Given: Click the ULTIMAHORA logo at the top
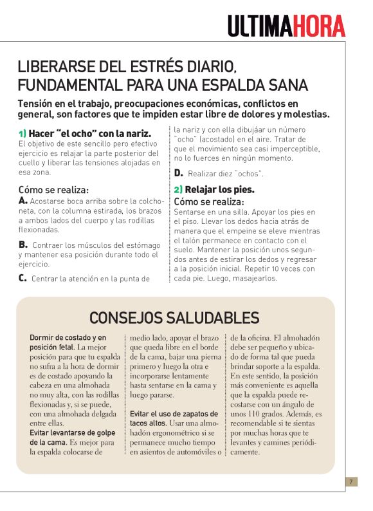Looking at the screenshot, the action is point(286,25).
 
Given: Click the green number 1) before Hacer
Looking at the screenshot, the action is point(22,133).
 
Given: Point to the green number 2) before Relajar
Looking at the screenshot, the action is point(178,189).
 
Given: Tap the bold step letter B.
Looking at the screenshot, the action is point(23,245).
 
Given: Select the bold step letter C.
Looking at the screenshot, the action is point(23,278).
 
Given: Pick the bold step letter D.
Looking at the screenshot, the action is point(178,172).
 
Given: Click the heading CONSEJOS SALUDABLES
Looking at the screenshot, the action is point(174,317).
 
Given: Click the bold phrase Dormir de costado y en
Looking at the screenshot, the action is point(68,337).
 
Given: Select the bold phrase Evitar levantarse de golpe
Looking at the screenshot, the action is point(70,432).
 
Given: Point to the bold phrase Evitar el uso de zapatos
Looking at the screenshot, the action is point(170,413).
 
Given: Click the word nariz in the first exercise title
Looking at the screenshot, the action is point(134,133).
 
